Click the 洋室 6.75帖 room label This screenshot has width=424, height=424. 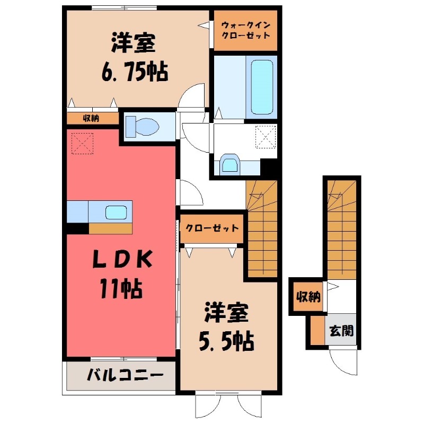[x=135, y=57]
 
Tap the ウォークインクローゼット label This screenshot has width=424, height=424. [x=245, y=30]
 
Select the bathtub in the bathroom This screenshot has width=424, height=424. [x=262, y=87]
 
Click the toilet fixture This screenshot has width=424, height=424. [x=143, y=127]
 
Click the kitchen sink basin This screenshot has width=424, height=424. [x=116, y=213]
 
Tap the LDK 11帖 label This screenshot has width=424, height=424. [x=121, y=275]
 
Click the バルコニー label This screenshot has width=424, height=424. [x=125, y=375]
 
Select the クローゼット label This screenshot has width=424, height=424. [x=212, y=228]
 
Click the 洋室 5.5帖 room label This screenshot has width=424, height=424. [x=227, y=328]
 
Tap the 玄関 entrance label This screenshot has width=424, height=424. [x=341, y=330]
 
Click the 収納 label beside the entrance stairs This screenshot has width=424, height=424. [x=308, y=297]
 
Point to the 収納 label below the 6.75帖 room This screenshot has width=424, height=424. [x=91, y=118]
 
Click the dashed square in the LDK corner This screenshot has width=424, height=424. [x=82, y=143]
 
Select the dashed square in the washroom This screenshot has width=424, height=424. [x=266, y=137]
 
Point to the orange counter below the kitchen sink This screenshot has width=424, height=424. [x=110, y=228]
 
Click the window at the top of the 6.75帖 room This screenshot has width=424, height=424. [x=124, y=8]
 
